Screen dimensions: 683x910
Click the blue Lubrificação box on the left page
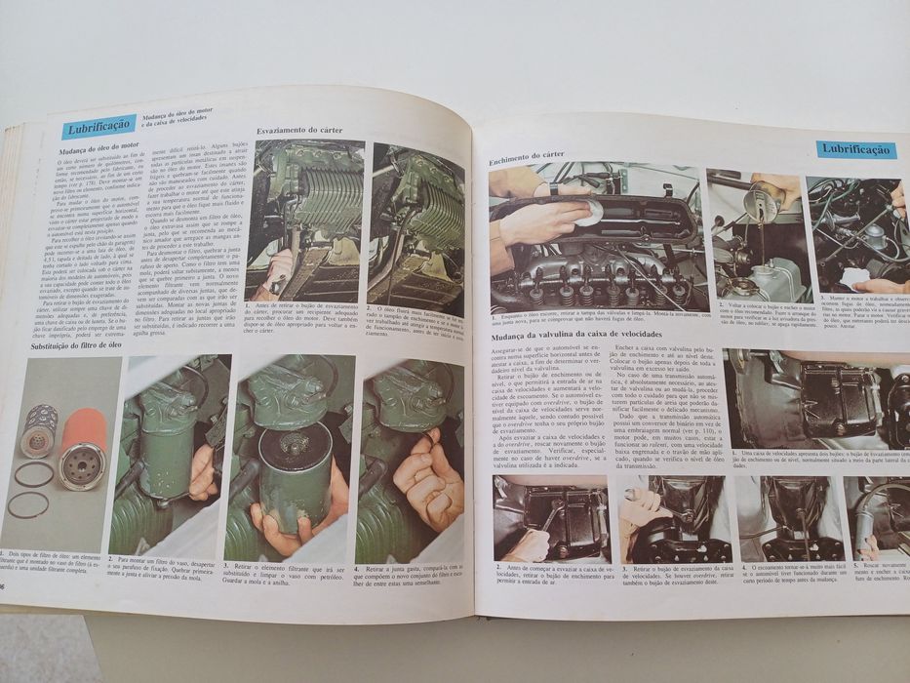(99, 128)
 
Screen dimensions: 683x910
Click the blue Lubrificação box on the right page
(855, 149)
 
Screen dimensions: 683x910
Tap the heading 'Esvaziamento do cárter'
(298, 131)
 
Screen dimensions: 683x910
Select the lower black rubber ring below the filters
(28, 504)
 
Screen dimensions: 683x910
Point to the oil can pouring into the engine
(762, 200)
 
